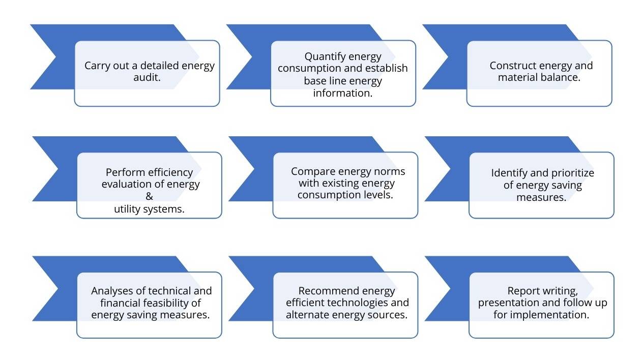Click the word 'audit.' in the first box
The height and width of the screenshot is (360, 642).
(x=147, y=77)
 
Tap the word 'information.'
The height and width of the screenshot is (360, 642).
(x=343, y=93)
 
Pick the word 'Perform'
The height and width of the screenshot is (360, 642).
(x=122, y=172)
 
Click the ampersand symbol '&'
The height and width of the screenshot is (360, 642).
(x=150, y=196)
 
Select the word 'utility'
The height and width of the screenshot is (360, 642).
(x=127, y=209)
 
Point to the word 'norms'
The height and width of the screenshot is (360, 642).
(x=391, y=171)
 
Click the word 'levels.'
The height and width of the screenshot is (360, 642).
(x=378, y=195)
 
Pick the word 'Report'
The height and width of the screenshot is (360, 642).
(x=523, y=291)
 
